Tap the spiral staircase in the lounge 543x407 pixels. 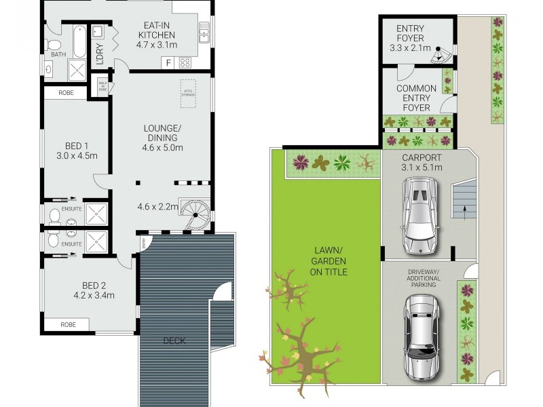click(x=195, y=212)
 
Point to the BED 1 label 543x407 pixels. click(x=77, y=145)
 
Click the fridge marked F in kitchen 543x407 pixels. click(x=168, y=63)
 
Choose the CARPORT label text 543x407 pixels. click(x=421, y=157)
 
